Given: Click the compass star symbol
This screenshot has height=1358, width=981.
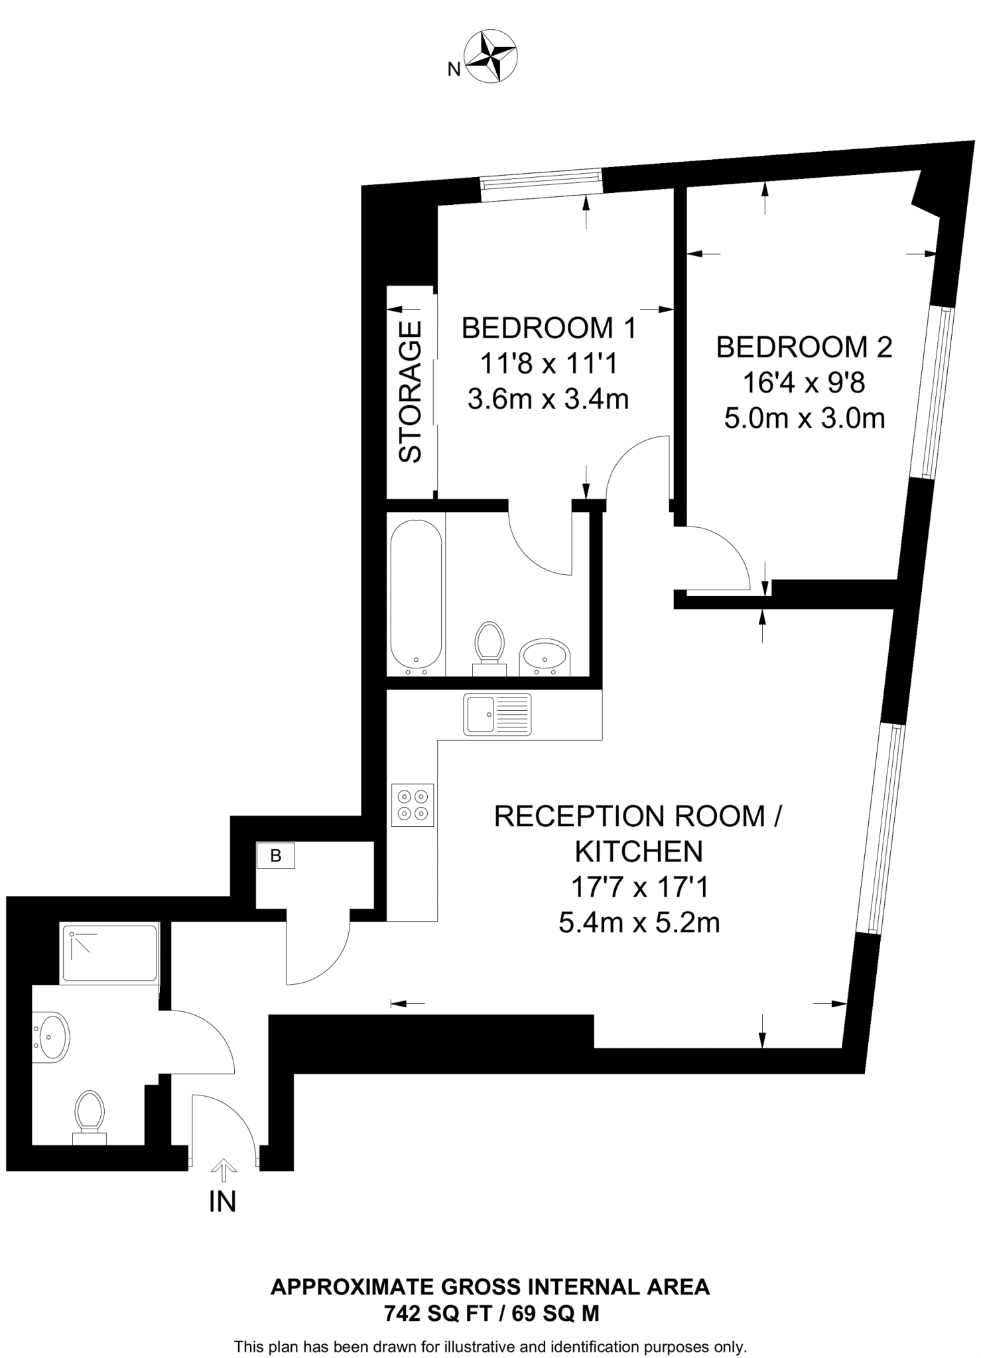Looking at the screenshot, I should point(492,58).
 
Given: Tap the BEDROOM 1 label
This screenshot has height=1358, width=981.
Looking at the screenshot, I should point(549,328).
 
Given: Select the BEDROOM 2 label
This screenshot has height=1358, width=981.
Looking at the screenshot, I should point(804,347).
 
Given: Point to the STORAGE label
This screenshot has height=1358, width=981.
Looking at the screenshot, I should point(411,391).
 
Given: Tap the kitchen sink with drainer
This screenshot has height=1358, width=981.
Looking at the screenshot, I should point(497,713).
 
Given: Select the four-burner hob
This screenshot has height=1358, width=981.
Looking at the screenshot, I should point(413,804).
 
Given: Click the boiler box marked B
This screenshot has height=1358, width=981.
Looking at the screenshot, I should point(276,855).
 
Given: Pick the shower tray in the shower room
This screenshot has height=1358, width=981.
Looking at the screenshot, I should point(109,953).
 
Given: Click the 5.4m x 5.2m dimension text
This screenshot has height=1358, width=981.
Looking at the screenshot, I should point(639,922).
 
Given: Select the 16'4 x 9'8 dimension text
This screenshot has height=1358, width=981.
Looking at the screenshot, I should point(804,383).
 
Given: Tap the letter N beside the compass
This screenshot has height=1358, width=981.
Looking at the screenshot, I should point(454,69).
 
